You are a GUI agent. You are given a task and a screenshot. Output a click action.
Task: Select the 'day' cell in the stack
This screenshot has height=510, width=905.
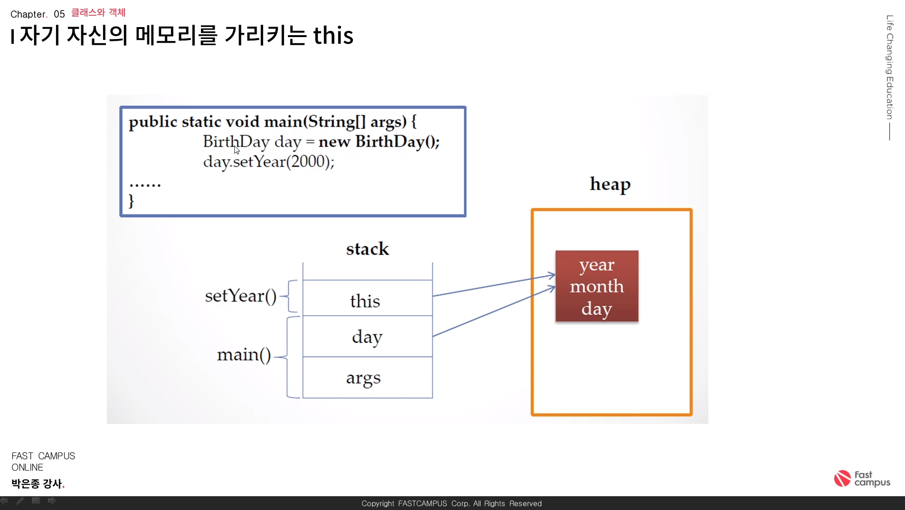[x=367, y=337]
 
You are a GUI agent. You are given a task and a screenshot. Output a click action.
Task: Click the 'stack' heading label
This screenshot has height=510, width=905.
[x=368, y=249]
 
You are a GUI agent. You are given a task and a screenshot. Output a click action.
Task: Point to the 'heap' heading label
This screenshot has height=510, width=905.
[x=610, y=184]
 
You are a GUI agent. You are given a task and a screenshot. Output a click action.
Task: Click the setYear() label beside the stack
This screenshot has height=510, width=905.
[x=240, y=296]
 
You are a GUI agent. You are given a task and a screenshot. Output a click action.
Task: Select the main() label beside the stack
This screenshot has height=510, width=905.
[x=244, y=355]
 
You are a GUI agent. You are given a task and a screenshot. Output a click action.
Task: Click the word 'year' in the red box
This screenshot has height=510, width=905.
[x=597, y=265]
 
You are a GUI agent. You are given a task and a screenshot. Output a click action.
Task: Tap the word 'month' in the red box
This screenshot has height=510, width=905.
[x=597, y=286]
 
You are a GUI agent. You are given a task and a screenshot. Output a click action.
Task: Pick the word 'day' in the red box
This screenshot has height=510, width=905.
[x=597, y=308]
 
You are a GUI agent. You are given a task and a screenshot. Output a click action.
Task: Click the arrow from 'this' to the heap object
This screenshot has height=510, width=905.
[x=494, y=285]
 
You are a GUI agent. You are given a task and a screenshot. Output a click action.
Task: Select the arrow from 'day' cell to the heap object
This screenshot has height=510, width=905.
[x=494, y=311]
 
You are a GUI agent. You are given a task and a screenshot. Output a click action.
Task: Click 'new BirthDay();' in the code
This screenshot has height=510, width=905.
[x=379, y=141]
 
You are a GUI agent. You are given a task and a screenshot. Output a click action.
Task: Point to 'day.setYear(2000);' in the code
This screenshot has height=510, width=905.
[x=269, y=162]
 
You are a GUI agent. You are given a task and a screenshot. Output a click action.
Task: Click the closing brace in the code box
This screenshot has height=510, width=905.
[x=132, y=201]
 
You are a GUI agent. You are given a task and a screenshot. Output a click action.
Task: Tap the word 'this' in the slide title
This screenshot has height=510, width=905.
[x=333, y=35]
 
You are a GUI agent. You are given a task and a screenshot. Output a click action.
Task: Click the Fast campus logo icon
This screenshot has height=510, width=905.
[x=842, y=478]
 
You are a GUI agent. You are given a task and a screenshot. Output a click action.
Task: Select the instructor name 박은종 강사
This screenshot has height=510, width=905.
[x=37, y=483]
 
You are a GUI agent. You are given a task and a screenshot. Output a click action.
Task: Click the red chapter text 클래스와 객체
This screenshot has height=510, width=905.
[x=98, y=12]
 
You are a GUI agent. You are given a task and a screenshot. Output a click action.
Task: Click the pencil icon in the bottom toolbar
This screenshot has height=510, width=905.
[x=20, y=500]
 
